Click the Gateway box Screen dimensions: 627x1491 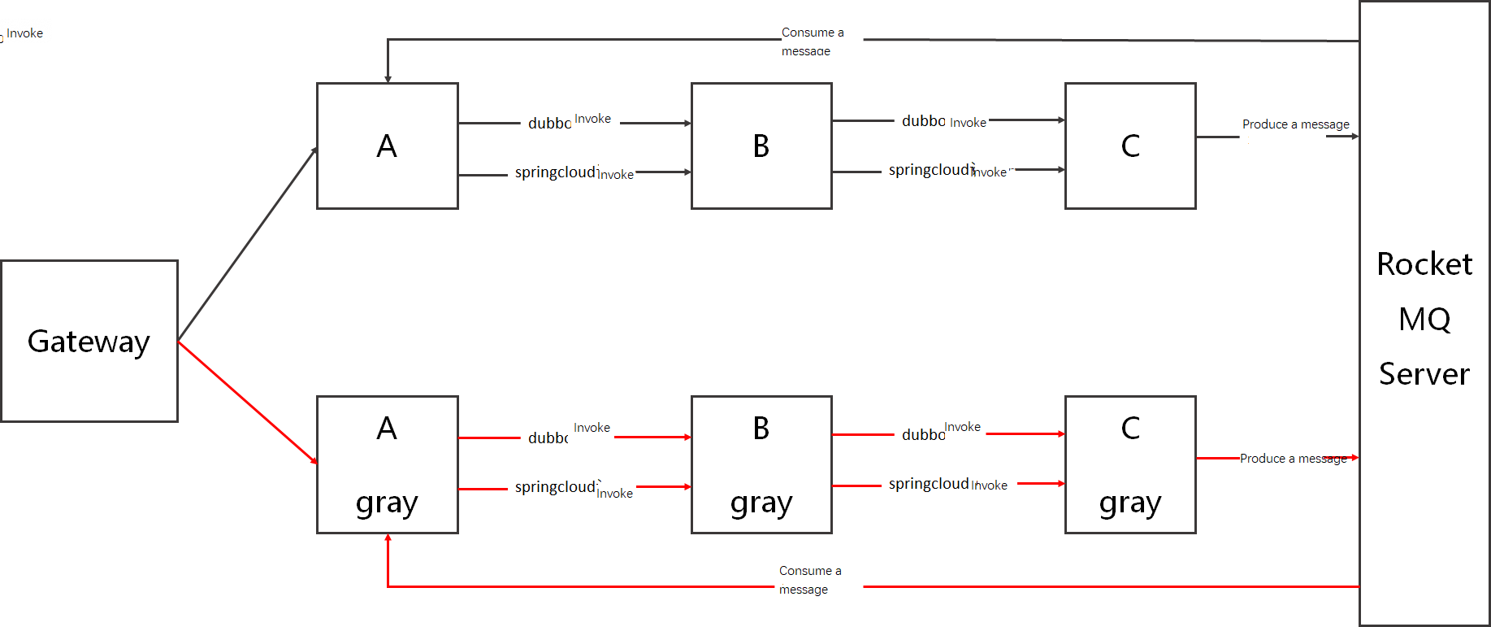point(89,341)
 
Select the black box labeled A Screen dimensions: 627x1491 point(387,146)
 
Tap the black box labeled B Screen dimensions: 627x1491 point(761,146)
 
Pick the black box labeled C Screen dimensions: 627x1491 point(1129,146)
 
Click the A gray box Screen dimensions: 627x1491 point(387,464)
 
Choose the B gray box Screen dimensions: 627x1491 point(761,464)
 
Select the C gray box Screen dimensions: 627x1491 point(1129,464)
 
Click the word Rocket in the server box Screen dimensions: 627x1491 point(1424,264)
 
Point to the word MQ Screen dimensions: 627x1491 point(1424,319)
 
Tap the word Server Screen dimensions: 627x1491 point(1424,374)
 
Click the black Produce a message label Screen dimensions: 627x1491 point(1295,124)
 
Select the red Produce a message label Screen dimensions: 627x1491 point(1292,459)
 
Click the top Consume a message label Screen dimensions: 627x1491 point(812,41)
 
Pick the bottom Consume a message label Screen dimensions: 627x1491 point(809,579)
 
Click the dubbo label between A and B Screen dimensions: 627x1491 point(549,124)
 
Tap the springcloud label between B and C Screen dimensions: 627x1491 point(930,170)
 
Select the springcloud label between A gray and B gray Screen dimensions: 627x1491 point(555,487)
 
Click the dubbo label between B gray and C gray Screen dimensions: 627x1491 point(923,435)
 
